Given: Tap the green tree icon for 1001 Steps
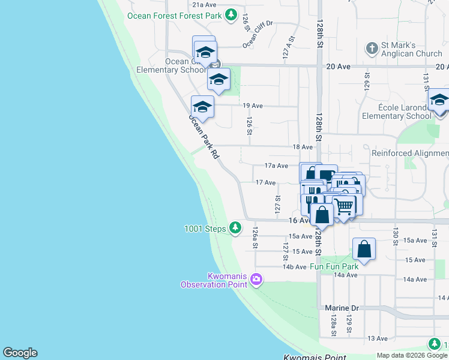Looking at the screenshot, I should (236, 228).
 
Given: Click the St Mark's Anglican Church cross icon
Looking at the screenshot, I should (372, 48).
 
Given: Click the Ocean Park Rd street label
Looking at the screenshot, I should (203, 137).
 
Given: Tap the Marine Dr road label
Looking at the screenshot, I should (342, 308).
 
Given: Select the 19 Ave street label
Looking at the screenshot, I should (253, 106).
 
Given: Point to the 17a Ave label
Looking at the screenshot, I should (277, 166).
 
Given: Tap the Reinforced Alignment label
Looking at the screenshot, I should (409, 153).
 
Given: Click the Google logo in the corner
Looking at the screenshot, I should (20, 353).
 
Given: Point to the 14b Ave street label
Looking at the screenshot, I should (295, 267).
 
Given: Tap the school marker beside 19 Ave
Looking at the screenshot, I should (202, 107).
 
